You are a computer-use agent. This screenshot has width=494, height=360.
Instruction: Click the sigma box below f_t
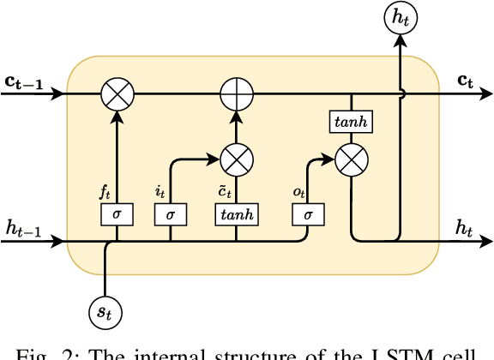click(117, 214)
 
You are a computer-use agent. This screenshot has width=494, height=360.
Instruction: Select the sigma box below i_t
click(171, 214)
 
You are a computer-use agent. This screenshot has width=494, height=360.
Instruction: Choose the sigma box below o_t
click(307, 214)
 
